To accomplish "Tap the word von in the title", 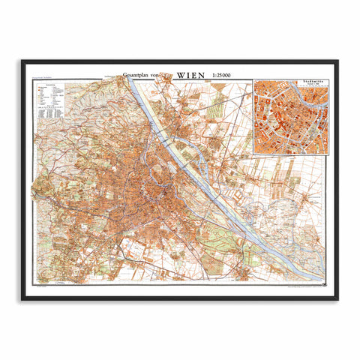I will [x=165, y=76].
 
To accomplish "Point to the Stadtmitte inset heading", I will [x=290, y=85].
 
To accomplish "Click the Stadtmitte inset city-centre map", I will [x=290, y=120].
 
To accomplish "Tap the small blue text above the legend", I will [x=43, y=80].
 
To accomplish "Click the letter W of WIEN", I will [x=180, y=76].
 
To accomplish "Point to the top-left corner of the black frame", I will [x=22, y=61].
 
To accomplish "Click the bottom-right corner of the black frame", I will [x=337, y=299].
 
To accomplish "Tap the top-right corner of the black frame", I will [x=337, y=61].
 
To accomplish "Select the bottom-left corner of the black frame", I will [x=22, y=299].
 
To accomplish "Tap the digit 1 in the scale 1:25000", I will [x=214, y=76].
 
